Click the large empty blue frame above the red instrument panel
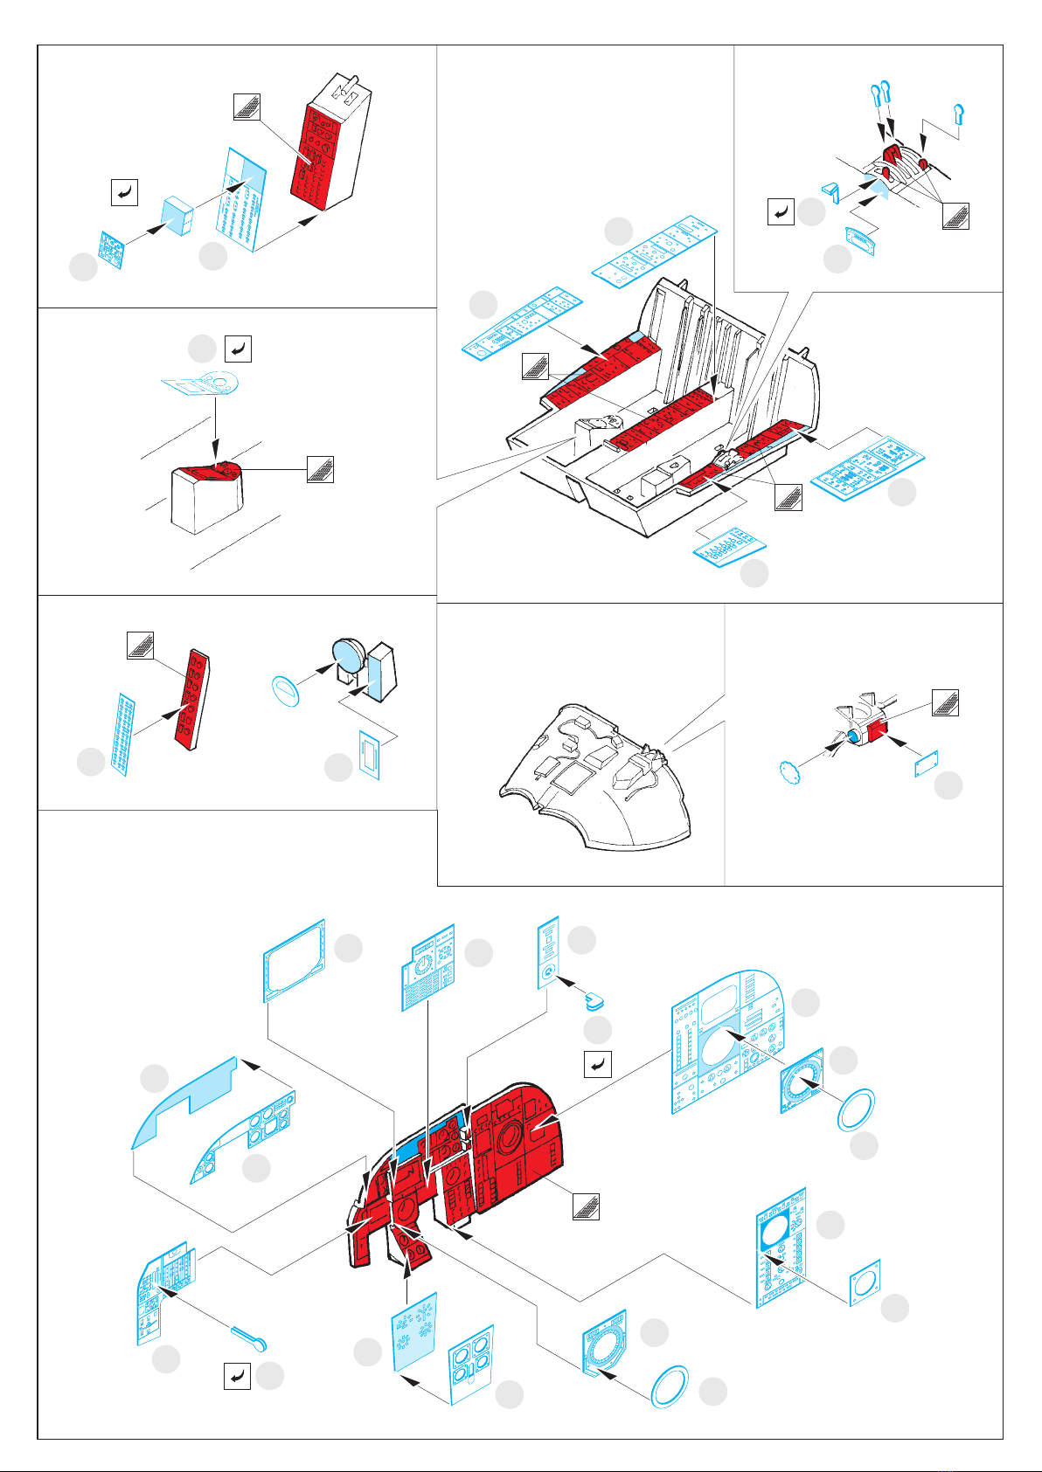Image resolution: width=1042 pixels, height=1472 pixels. click(295, 958)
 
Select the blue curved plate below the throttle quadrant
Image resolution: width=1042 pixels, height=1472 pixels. click(861, 238)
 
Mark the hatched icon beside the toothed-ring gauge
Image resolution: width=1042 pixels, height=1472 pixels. click(945, 702)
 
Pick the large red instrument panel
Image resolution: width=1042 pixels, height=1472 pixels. click(490, 1153)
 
